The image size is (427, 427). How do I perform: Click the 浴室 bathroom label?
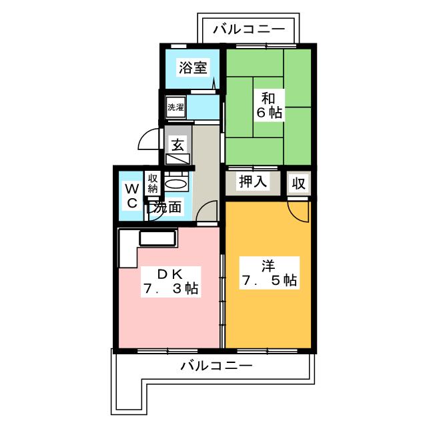[x=193, y=67]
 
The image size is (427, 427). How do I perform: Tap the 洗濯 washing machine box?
[x=175, y=107]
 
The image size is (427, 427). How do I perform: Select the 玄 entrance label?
[x=177, y=145]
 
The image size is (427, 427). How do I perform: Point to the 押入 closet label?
[x=253, y=181]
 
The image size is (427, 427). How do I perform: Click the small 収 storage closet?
[x=298, y=183]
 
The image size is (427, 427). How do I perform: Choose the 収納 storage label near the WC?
[x=153, y=183]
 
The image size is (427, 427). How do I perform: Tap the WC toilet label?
[x=132, y=195]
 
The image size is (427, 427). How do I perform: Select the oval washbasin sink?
[x=175, y=183]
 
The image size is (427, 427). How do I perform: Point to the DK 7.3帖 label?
[x=171, y=282]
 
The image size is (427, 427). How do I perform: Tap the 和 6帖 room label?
[x=268, y=105]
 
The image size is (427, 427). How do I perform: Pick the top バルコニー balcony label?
[x=249, y=29]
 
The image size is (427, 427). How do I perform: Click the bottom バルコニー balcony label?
[x=216, y=366]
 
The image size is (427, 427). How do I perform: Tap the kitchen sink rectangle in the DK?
[x=157, y=238]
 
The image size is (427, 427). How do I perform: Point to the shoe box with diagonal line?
[x=177, y=159]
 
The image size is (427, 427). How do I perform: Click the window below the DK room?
[x=167, y=351]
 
